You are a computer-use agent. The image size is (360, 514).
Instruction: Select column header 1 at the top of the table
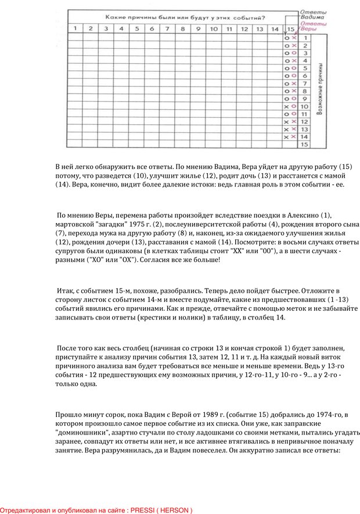[75, 28]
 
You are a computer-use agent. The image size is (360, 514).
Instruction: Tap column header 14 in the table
[275, 28]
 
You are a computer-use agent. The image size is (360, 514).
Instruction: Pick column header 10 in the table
[213, 28]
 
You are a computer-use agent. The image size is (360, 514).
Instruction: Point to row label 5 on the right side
[304, 68]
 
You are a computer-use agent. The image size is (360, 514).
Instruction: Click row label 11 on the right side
[304, 114]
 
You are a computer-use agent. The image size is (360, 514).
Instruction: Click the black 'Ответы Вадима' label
[312, 14]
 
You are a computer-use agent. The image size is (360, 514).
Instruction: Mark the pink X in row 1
[294, 38]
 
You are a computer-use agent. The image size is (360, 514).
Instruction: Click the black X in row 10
[286, 106]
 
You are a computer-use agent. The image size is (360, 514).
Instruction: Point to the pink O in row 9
[294, 99]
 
